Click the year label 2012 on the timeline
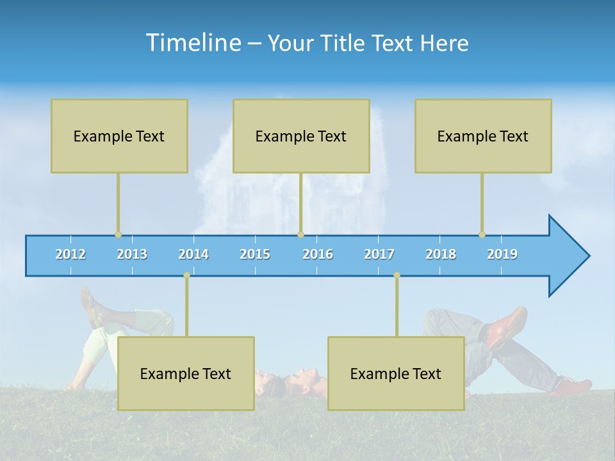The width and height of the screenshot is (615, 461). [x=70, y=254]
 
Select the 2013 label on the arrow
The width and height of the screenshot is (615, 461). [x=132, y=254]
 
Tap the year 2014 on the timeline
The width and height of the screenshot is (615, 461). [x=193, y=254]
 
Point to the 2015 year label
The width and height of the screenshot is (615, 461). [x=255, y=254]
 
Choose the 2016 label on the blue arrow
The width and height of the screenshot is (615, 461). [x=318, y=254]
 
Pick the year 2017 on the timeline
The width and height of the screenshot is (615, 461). [x=379, y=254]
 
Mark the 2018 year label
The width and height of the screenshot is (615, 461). [x=441, y=254]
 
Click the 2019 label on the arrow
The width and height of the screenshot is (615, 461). [x=502, y=254]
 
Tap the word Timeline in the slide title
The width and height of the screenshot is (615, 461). [x=192, y=43]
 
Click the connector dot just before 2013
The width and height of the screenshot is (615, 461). [x=118, y=234]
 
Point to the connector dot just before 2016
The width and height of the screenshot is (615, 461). [x=300, y=234]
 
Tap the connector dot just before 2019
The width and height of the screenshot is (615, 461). [x=482, y=234]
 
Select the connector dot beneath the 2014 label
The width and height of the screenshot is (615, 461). [x=186, y=275]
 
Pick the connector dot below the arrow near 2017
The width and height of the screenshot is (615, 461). [x=397, y=275]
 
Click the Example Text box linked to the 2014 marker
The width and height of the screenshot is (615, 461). [x=186, y=373]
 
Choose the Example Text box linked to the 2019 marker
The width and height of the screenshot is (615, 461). [x=483, y=136]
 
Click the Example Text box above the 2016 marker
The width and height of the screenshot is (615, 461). [x=301, y=136]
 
